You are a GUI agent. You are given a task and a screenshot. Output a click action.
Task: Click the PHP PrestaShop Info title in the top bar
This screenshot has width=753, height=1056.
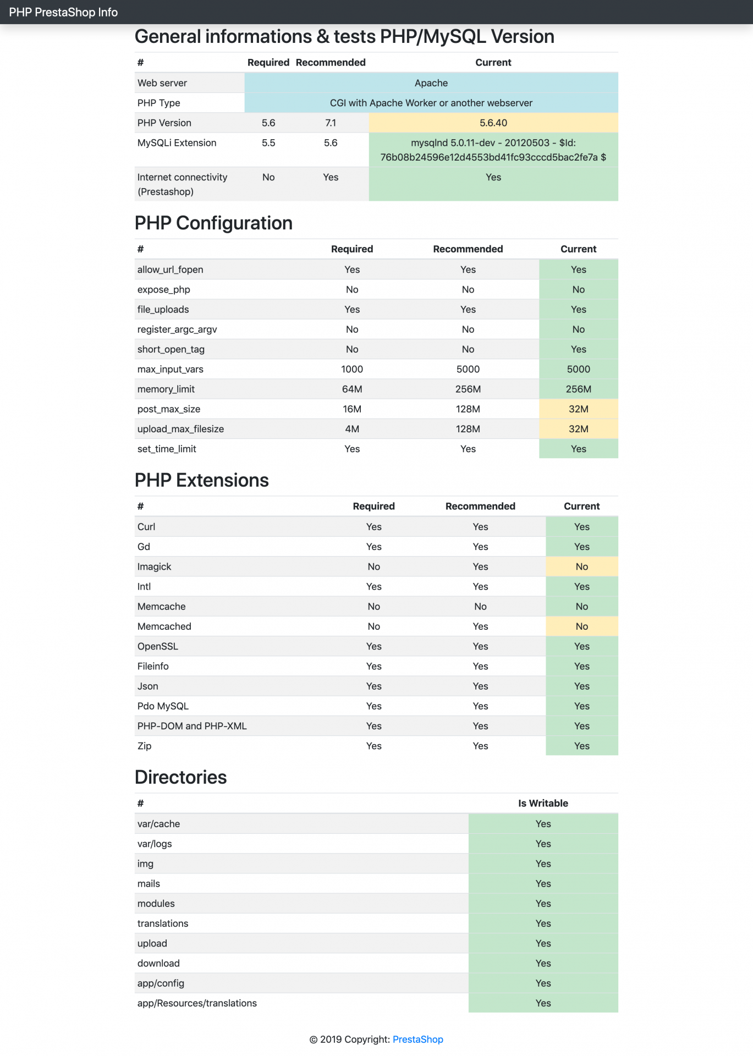63,12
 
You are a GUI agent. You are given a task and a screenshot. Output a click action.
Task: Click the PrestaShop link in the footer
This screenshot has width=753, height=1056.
417,1039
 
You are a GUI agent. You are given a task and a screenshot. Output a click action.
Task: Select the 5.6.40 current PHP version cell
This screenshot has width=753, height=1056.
493,123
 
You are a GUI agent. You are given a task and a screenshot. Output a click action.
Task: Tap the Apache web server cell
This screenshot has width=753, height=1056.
431,83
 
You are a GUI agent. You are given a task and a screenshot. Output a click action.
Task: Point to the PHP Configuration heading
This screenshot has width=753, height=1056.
213,223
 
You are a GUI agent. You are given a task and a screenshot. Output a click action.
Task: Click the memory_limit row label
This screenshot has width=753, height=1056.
166,389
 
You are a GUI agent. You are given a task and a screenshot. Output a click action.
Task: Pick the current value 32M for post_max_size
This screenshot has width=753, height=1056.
578,409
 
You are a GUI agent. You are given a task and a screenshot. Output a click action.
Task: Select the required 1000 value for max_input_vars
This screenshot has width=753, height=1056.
352,369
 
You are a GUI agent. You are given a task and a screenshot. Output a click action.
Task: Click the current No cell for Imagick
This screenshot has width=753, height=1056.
581,566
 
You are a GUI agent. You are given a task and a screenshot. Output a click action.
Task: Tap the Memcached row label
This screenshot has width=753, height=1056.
164,626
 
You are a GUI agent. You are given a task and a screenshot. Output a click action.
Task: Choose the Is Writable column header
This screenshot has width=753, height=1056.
543,803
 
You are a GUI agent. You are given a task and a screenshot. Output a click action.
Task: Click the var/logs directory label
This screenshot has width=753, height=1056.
155,844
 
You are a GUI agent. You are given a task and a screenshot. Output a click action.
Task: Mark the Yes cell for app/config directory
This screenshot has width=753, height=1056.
543,983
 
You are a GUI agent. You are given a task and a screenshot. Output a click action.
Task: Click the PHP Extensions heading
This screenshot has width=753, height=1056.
202,480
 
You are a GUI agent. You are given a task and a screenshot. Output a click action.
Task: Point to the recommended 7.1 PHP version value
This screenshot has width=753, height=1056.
331,123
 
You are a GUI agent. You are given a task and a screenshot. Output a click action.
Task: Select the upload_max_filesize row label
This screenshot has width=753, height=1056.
180,429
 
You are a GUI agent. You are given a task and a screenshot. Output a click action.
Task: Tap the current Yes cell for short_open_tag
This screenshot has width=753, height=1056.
578,349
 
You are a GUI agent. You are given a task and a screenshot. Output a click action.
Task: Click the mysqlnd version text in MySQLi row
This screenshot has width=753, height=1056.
493,150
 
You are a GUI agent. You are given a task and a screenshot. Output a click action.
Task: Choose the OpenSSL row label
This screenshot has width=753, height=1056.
158,646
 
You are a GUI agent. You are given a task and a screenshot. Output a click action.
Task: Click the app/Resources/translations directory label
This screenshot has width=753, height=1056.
197,1003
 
